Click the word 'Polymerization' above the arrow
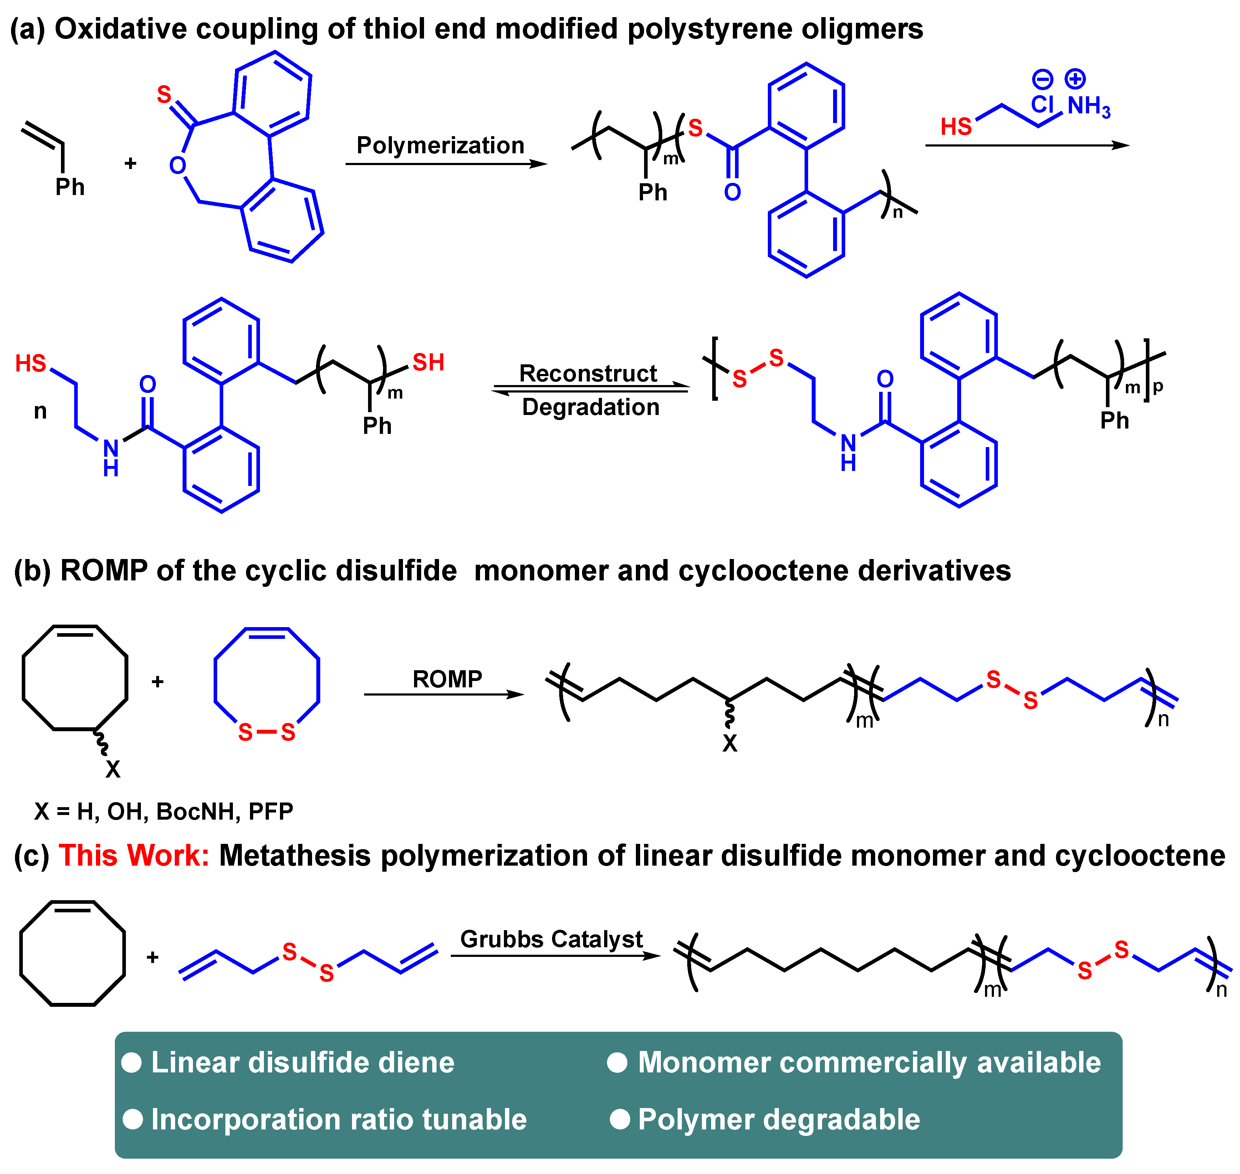[x=440, y=145]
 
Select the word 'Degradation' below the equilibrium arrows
[x=590, y=407]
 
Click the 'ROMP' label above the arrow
[x=447, y=679]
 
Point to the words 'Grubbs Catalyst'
[x=551, y=939]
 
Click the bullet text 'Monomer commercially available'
[x=869, y=1063]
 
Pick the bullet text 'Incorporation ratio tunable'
[x=339, y=1119]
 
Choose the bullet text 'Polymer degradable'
[x=779, y=1119]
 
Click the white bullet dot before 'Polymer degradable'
[x=620, y=1119]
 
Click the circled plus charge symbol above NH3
[x=1075, y=79]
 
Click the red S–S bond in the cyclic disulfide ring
[x=267, y=732]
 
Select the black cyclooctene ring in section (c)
[x=73, y=953]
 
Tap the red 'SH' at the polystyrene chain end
[x=428, y=362]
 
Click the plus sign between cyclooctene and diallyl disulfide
[x=153, y=958]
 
